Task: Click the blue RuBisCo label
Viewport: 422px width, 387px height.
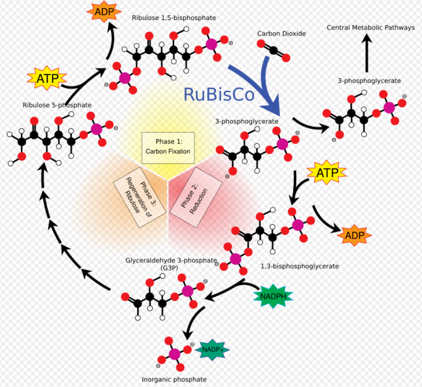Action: coord(219,94)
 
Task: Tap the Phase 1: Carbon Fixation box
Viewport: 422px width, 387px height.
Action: coord(168,148)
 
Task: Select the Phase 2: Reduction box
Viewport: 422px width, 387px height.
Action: coord(195,197)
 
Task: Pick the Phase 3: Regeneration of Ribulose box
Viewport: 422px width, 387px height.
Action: coord(139,197)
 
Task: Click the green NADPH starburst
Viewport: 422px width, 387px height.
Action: coord(273,296)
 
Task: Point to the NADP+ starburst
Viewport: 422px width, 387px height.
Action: coord(212,350)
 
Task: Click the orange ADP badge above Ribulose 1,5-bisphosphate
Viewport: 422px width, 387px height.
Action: coord(104,12)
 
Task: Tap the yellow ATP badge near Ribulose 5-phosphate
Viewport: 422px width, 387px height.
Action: coord(47,78)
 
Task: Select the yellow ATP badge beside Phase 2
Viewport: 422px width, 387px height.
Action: coord(327,173)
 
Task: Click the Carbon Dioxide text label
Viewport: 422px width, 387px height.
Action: coord(282,34)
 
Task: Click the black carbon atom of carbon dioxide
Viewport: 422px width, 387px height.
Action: coord(273,51)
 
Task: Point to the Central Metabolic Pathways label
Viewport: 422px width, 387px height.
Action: coord(371,27)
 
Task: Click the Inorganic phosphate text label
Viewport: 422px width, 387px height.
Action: coord(174,380)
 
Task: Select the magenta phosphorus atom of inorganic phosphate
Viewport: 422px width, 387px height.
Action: coord(174,354)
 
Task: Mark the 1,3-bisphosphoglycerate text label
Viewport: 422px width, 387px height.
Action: coord(300,266)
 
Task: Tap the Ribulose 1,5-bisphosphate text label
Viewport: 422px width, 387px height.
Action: coord(174,18)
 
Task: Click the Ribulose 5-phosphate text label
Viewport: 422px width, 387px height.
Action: coord(57,105)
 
